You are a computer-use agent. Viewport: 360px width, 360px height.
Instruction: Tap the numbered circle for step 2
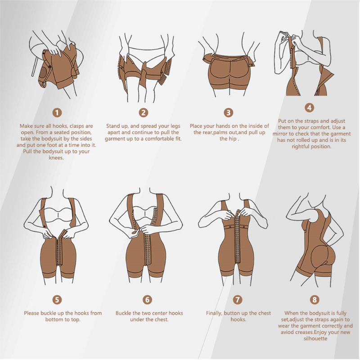[x=143, y=112]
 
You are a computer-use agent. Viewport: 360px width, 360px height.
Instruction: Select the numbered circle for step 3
[x=229, y=112]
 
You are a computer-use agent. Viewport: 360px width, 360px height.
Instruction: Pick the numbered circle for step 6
[x=148, y=299]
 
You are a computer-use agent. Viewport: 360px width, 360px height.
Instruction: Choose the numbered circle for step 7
[x=238, y=299]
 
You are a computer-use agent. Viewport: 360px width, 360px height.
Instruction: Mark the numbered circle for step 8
[x=315, y=299]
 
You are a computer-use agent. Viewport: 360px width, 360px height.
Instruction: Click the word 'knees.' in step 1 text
[x=56, y=158]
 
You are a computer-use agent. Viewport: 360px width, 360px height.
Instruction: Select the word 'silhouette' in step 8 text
[x=315, y=338]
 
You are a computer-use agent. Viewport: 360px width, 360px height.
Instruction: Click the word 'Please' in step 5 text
[x=32, y=313]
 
